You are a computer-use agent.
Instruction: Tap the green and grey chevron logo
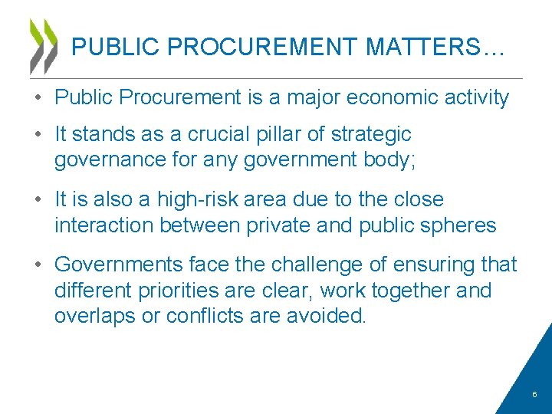coord(43,46)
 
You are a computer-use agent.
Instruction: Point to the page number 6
coord(534,395)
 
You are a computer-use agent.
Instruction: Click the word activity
coord(475,97)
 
